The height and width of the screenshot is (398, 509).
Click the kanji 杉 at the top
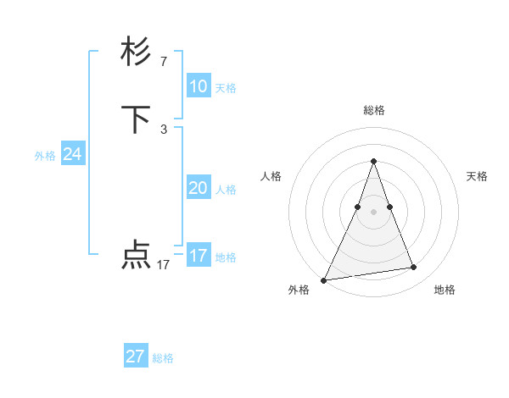(x=137, y=53)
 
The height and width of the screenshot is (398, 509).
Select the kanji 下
(x=137, y=120)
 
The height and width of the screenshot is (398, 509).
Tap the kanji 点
(x=137, y=255)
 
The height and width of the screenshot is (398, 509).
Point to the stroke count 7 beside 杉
(x=163, y=61)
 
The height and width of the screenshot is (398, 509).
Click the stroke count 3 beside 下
(x=163, y=129)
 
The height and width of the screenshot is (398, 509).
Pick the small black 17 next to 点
(x=163, y=264)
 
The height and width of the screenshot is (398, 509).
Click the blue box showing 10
(x=198, y=86)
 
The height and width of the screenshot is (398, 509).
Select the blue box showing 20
(x=198, y=188)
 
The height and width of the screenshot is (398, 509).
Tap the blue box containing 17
(x=198, y=255)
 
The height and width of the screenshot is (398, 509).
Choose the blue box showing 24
(x=72, y=154)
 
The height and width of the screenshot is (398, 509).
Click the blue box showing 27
(x=135, y=357)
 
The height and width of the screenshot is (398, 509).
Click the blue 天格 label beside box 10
(x=226, y=88)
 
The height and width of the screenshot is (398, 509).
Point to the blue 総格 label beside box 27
(x=163, y=359)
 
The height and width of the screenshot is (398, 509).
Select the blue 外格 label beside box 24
(x=45, y=156)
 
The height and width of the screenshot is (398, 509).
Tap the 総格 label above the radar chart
(x=373, y=110)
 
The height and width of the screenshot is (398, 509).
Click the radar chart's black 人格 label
(x=271, y=176)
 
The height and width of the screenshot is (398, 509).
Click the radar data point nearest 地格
(x=414, y=268)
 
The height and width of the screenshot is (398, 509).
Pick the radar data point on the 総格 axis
(x=373, y=161)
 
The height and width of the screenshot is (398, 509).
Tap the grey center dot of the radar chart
(x=373, y=212)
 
